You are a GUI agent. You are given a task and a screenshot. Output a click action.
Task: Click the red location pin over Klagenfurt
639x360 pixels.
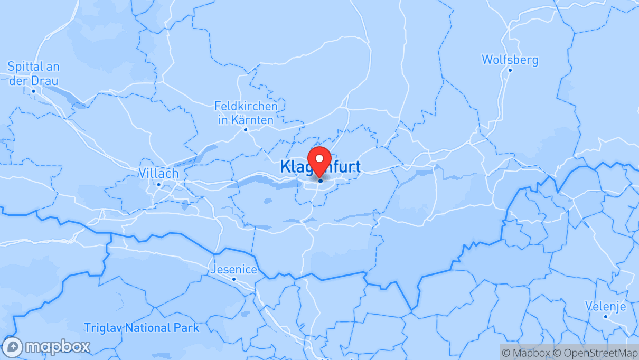click(319, 160)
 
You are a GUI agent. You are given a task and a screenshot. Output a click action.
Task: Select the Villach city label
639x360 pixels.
click(158, 173)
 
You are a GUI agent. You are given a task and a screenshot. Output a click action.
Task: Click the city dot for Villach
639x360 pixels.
click(158, 184)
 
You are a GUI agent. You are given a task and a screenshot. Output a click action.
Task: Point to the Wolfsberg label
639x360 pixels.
click(510, 60)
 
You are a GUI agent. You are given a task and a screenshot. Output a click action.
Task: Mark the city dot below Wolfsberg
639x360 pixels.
click(510, 70)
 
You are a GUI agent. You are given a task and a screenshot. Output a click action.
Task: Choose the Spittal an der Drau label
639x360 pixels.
click(33, 74)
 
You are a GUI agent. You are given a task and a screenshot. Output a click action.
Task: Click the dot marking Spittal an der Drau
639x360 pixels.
click(33, 91)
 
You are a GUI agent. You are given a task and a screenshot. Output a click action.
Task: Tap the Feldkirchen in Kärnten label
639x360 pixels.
click(246, 113)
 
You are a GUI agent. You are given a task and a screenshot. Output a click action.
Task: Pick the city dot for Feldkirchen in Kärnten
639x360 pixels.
click(246, 129)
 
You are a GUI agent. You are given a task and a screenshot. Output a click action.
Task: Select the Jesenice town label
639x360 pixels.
click(234, 270)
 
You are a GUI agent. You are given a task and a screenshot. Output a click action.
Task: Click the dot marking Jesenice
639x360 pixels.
click(234, 279)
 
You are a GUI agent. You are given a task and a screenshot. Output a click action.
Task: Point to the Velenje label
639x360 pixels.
click(605, 306)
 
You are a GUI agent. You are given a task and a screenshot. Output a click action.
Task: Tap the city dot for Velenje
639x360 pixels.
click(606, 316)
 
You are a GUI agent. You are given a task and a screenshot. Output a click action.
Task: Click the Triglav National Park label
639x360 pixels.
click(142, 328)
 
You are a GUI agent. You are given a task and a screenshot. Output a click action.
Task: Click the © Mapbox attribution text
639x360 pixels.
click(526, 353)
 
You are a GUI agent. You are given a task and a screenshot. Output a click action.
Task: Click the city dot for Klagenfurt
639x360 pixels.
click(321, 181)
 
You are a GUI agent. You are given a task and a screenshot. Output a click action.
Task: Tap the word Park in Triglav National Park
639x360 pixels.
click(187, 328)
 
